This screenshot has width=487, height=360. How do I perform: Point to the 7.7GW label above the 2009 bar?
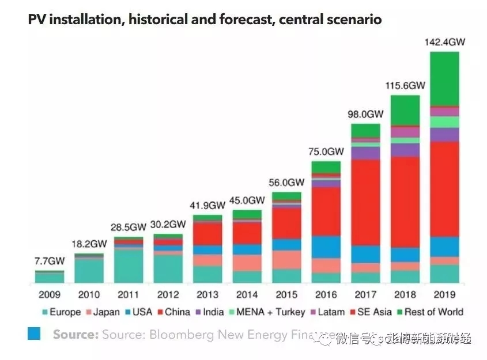click(x=49, y=261)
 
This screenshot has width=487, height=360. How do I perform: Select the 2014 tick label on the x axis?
click(x=247, y=294)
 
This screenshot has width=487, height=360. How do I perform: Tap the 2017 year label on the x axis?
click(x=365, y=294)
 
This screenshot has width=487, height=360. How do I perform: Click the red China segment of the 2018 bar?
click(x=405, y=202)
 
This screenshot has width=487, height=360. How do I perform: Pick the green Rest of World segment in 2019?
click(x=444, y=78)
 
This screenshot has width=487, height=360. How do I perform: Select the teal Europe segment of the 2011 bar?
click(x=129, y=266)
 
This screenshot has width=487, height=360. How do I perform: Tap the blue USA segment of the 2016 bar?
click(x=326, y=247)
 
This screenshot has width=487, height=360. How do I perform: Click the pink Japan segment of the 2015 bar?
click(x=286, y=259)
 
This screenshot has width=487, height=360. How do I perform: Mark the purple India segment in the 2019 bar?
click(x=444, y=135)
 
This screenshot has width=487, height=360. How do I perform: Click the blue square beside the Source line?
click(x=34, y=334)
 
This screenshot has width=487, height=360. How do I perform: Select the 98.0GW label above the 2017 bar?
click(x=365, y=114)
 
